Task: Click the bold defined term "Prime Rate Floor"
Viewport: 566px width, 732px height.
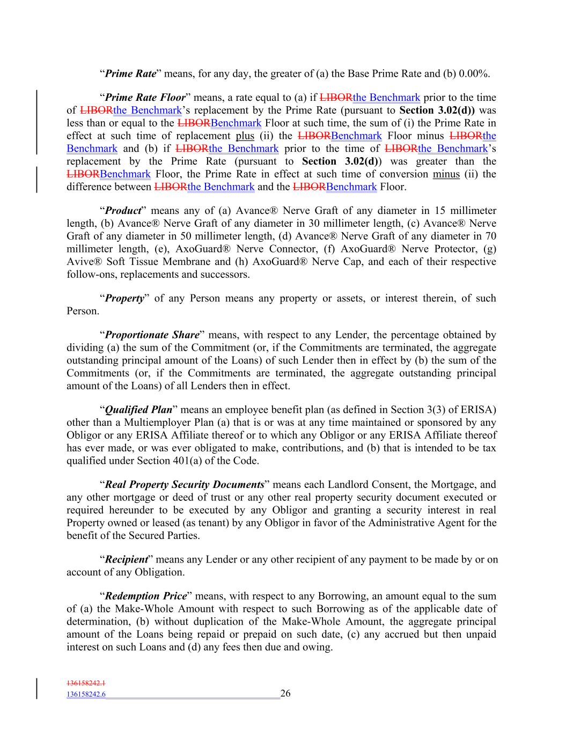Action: coord(145,98)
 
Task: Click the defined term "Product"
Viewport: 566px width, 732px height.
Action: coord(123,210)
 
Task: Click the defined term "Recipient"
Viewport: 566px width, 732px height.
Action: coord(126,559)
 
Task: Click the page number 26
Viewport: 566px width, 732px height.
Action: coord(285,693)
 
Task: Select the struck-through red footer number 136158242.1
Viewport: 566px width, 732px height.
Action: coord(86,683)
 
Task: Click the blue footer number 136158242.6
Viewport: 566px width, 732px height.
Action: coord(86,694)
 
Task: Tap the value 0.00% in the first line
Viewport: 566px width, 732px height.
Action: coord(474,73)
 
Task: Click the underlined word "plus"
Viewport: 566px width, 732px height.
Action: coord(245,136)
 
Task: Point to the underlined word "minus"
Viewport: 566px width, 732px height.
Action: coord(446,174)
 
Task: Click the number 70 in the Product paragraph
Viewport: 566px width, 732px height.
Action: coord(490,236)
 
